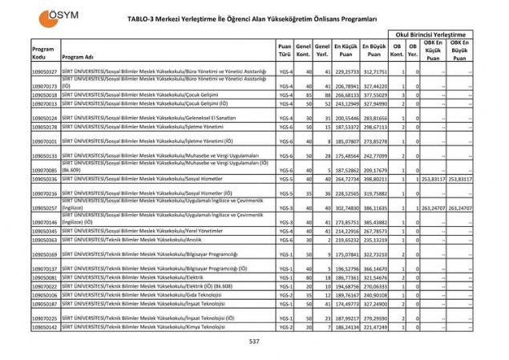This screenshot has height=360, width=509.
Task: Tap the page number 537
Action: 254,342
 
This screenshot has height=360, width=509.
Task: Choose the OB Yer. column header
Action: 414,52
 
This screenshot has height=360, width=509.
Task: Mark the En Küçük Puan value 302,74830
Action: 346,208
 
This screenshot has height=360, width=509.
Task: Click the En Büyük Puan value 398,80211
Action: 374,180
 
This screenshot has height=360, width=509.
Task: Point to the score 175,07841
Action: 346,254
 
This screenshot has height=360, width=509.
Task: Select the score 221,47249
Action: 374,327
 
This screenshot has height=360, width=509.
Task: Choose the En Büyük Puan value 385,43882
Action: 374,222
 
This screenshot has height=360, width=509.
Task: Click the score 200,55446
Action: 346,118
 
